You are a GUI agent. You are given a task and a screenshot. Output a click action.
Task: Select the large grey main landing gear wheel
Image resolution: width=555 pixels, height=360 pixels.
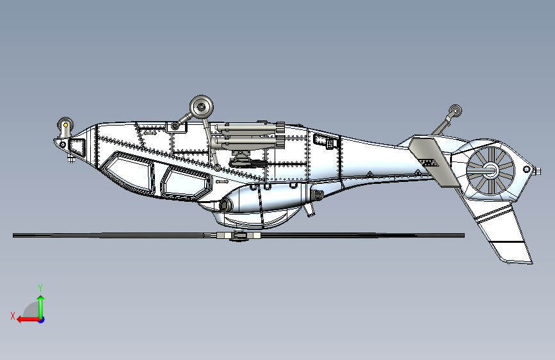tap(202, 106)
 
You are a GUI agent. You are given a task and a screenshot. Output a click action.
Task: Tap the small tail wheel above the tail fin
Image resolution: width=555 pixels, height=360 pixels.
tap(455, 111)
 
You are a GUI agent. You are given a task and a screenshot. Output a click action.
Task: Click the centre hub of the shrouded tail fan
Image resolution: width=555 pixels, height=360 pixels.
tap(490, 170)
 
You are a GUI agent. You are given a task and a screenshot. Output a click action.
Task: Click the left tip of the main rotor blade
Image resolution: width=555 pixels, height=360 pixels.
tap(15, 236)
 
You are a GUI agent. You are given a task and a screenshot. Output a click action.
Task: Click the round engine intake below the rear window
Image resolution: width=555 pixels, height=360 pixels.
tap(225, 205)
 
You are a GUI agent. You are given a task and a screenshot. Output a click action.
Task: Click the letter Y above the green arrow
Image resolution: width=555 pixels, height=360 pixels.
tap(40, 288)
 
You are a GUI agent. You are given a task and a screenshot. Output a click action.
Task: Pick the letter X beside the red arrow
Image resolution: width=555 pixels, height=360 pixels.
tap(12, 315)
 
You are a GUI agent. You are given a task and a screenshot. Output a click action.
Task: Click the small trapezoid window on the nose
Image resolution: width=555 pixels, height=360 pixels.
tap(76, 147)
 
